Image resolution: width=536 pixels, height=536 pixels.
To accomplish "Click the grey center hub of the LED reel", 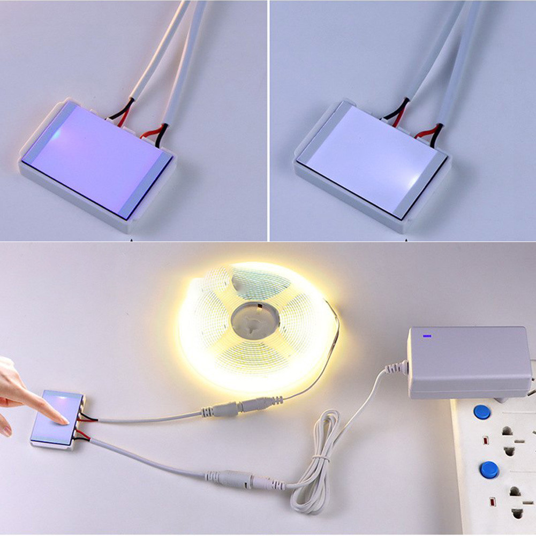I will [x=256, y=320].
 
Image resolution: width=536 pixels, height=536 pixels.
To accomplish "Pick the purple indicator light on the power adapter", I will [x=427, y=337].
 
